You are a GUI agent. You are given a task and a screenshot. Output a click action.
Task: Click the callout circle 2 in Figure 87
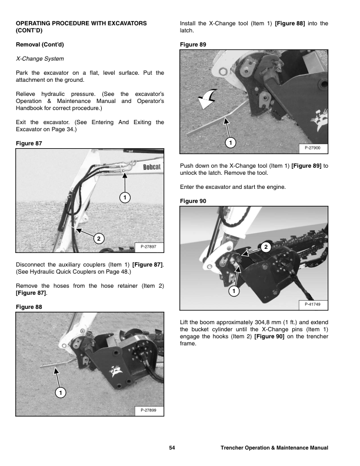(x=98, y=238)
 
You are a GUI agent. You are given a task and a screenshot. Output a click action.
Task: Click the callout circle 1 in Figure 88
(x=61, y=392)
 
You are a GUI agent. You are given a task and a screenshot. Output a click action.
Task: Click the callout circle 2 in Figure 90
(x=266, y=247)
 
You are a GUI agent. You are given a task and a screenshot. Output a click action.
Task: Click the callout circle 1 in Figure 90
(x=234, y=291)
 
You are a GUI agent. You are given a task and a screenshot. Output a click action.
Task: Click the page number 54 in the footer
(x=172, y=448)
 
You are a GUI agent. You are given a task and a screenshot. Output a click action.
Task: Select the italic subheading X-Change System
(x=40, y=59)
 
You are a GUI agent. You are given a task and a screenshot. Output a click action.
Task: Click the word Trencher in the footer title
(x=234, y=448)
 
